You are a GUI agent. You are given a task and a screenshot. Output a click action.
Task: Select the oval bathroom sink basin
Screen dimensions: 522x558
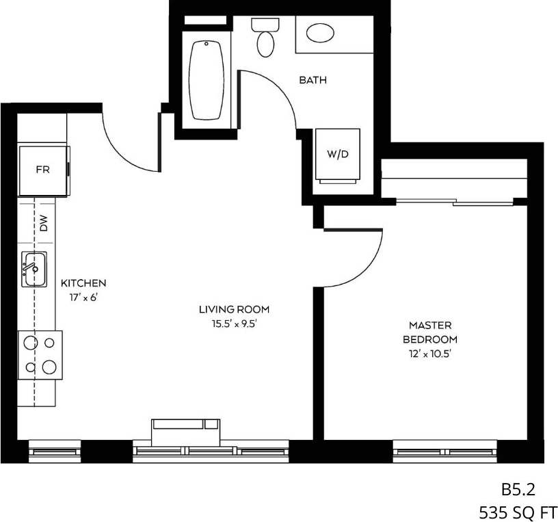(x=320, y=32)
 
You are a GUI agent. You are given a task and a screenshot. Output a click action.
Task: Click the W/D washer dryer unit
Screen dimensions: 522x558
(x=337, y=154)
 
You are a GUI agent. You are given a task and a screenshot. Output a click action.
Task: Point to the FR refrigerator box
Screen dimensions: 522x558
(x=42, y=170)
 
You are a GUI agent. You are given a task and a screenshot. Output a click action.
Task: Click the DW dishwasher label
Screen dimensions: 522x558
(x=44, y=223)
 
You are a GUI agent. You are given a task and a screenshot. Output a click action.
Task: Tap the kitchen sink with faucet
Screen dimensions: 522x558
(x=34, y=269)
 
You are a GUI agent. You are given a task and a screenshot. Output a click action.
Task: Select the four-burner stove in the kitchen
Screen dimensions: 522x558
(x=40, y=354)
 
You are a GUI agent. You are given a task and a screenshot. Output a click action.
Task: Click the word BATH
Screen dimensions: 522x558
(x=313, y=80)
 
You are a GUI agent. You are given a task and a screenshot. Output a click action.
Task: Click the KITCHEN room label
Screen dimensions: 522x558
(x=83, y=283)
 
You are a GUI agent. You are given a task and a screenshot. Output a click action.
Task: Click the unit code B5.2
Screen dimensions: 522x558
(x=517, y=489)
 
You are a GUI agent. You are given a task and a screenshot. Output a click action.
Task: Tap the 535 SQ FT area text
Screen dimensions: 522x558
(x=517, y=511)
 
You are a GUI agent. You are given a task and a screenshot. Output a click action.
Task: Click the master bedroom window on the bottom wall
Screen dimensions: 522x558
(x=444, y=452)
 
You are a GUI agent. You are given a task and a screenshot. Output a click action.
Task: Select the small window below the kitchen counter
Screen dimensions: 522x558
(x=55, y=452)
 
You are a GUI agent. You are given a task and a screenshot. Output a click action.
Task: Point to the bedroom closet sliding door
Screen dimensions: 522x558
(x=454, y=201)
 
